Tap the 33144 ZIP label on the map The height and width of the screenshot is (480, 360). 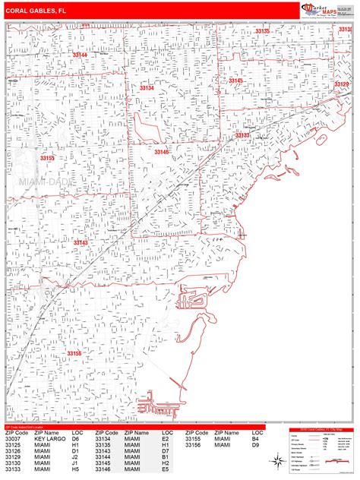pos(80,55)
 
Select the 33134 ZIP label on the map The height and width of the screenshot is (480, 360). pos(147,88)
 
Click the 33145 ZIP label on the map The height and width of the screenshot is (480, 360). pos(236,81)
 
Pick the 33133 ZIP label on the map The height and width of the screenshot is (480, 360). pos(243,134)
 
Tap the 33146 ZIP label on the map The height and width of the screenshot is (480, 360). pos(162,152)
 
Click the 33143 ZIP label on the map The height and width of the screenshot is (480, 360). pos(81,242)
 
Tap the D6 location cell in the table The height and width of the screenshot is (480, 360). pos(76,439)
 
